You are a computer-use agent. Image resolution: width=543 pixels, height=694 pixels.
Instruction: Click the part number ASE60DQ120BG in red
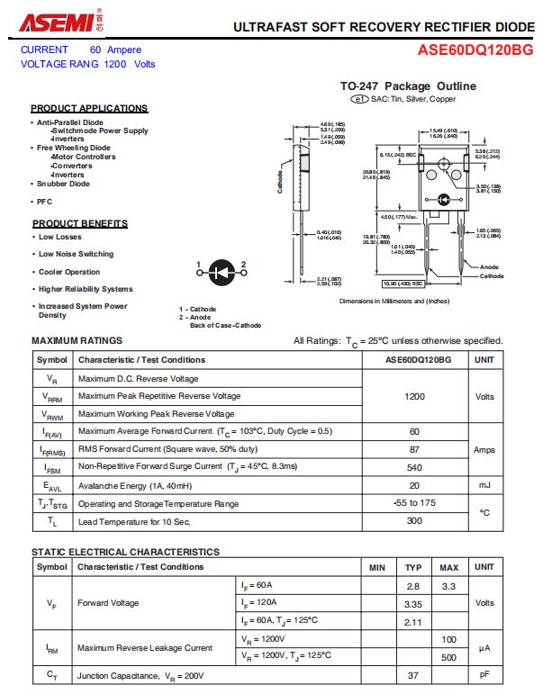tap(475, 51)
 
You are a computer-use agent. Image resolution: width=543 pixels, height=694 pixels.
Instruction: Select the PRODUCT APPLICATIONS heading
tap(89, 108)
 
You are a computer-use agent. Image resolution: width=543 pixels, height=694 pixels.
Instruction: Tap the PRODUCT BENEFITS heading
tap(80, 223)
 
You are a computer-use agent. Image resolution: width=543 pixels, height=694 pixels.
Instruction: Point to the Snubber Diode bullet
tap(63, 184)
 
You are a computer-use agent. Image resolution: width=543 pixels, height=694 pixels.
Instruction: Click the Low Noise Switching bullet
tap(76, 254)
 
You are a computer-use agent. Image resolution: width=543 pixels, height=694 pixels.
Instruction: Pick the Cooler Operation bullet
tap(69, 272)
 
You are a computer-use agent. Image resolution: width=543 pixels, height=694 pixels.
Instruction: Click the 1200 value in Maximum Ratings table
tap(415, 396)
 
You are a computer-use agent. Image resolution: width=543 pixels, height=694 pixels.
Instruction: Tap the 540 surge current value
tap(415, 467)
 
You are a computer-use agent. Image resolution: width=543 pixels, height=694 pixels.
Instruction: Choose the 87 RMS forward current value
tap(415, 449)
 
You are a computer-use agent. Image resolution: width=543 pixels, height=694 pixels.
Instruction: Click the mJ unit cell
tap(484, 485)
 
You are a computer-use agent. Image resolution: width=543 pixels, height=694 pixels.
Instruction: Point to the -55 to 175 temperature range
tap(415, 503)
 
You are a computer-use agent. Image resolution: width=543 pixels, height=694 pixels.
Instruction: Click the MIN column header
tap(377, 567)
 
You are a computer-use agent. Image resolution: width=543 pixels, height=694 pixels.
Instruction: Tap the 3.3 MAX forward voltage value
tap(448, 586)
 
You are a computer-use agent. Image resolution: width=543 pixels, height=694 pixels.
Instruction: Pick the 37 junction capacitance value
tap(413, 674)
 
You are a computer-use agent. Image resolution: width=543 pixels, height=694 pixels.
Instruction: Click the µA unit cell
tap(484, 647)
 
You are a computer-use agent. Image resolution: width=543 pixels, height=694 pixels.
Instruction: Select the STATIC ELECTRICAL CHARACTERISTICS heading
tap(125, 552)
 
